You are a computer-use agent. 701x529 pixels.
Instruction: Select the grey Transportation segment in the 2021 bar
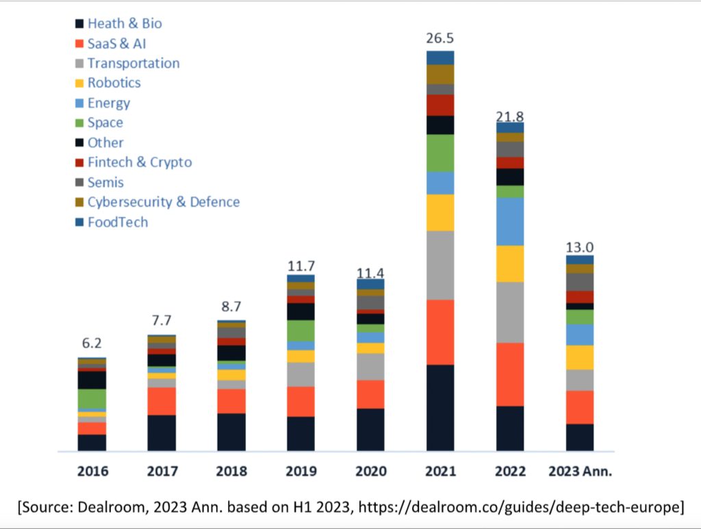click(440, 265)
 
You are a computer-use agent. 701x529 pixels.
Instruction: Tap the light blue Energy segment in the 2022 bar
click(510, 221)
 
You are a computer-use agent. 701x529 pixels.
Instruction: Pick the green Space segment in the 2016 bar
click(92, 398)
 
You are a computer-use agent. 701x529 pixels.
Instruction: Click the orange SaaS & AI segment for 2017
click(162, 401)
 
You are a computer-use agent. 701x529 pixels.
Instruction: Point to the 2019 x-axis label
click(302, 472)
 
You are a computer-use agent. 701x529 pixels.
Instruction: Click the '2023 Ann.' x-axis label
click(580, 472)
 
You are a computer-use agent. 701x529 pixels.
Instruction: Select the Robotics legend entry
click(114, 83)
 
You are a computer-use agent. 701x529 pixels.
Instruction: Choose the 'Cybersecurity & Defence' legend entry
click(163, 202)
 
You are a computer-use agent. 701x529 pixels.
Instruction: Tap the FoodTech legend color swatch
click(79, 222)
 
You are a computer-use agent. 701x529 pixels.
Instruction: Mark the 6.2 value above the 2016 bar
click(92, 344)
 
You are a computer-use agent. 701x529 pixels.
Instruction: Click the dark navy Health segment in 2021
click(440, 407)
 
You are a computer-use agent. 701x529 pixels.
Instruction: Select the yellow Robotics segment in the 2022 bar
click(510, 263)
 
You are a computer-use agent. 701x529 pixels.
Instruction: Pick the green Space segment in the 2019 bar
click(301, 331)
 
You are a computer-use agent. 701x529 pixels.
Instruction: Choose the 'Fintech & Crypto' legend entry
click(139, 162)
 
